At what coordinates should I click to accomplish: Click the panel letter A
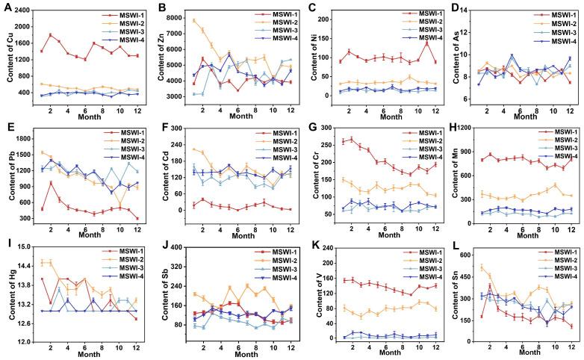7,7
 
